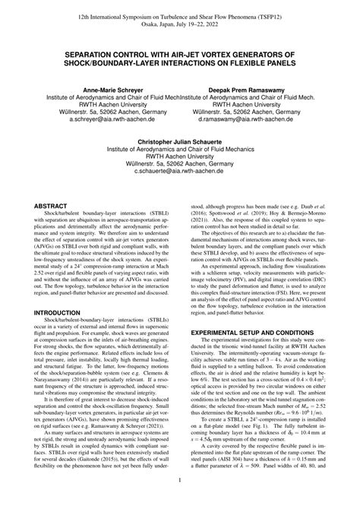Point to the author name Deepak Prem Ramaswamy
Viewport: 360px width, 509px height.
pos(252,90)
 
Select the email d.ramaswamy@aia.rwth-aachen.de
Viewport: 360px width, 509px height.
pos(252,119)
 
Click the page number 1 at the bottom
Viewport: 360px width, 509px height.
pos(179,479)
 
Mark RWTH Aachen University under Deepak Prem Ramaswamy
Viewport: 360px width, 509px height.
pos(252,104)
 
